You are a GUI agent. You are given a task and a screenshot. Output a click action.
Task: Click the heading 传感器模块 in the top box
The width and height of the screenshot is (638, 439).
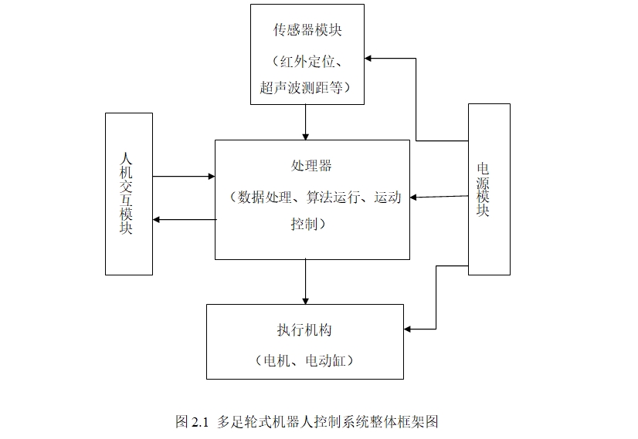click(x=307, y=31)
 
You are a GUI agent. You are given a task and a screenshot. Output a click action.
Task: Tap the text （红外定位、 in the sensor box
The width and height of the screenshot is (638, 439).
click(x=307, y=60)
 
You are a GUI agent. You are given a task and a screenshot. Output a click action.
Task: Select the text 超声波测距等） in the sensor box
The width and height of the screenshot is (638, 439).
click(x=307, y=88)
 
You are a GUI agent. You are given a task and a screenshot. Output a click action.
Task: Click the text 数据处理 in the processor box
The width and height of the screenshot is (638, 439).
click(x=263, y=197)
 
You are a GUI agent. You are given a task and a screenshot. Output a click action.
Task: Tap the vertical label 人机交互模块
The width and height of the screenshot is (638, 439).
click(x=128, y=193)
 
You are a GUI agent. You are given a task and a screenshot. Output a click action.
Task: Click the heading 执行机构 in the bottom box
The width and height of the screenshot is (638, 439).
click(x=304, y=330)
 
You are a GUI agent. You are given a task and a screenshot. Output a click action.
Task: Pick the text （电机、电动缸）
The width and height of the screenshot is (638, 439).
click(x=304, y=360)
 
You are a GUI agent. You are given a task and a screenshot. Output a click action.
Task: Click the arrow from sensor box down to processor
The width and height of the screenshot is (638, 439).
click(x=306, y=122)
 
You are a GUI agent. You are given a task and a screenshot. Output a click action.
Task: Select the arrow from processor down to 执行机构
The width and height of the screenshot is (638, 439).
click(x=306, y=282)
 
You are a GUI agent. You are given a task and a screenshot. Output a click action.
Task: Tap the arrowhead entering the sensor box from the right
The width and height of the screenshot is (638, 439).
click(x=370, y=58)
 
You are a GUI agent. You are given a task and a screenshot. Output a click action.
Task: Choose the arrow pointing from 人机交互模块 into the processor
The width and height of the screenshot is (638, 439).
click(x=184, y=177)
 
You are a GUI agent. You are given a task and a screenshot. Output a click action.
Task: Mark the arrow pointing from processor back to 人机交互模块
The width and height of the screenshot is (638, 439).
click(x=184, y=220)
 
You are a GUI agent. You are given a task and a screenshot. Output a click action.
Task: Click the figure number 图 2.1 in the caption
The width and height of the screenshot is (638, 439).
click(x=193, y=422)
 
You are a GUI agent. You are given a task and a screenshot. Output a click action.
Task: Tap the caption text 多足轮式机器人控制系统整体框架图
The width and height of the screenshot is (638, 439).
click(x=328, y=422)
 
